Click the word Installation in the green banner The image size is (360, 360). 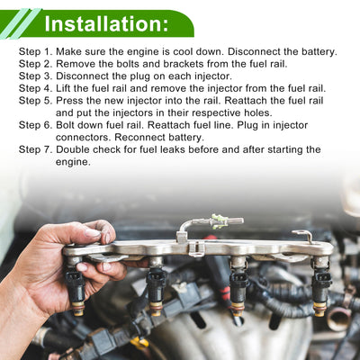tap(103, 24)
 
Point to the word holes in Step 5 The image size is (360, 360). tap(257, 113)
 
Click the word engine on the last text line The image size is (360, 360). tap(73, 162)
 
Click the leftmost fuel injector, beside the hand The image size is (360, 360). tap(76, 286)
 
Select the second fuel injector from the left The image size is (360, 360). tap(157, 286)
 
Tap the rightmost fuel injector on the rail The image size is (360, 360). tap(321, 286)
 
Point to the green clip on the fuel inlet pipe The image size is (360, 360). tap(219, 221)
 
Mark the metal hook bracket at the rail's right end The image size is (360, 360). tap(303, 236)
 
